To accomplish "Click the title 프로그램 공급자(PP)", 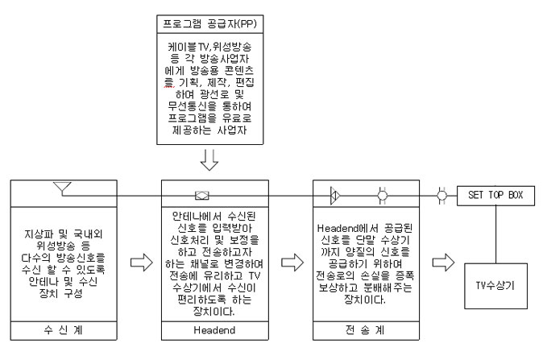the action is pos(209,24).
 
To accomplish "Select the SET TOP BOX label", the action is pos(495,195).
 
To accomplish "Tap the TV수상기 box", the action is pos(495,286).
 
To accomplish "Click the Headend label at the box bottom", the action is pos(214,330).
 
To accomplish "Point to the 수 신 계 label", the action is pos(64,330).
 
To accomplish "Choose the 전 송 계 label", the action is pos(365,330).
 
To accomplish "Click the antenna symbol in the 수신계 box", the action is pos(62,188).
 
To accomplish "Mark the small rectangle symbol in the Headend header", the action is pos(202,196).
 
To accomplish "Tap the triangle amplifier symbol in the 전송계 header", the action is pos(335,196).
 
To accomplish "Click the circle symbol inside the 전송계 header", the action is pos(383,196).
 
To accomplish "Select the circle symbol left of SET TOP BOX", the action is pos(441,196).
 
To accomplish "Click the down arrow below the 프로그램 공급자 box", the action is pos(209,160).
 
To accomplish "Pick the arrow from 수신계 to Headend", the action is pos(142,263).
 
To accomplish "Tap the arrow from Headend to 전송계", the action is pos(292,263).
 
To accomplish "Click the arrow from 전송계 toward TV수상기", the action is pos(443,263).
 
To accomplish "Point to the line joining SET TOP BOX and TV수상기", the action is pos(495,234).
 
